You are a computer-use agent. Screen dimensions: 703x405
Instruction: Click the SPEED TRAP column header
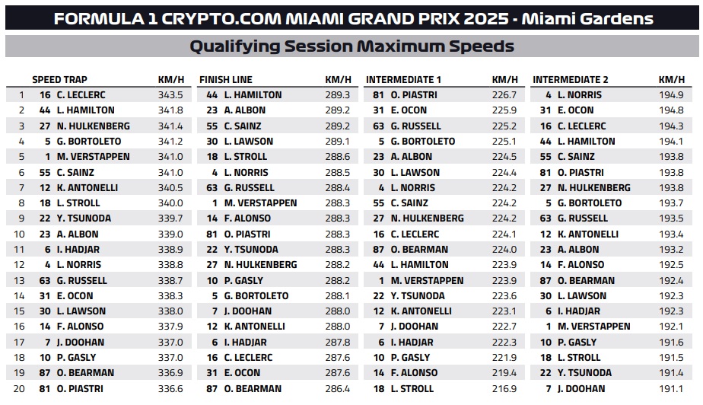click(x=59, y=80)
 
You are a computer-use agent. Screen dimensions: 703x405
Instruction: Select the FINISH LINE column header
click(x=226, y=80)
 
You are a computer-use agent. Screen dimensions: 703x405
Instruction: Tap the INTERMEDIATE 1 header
click(x=403, y=80)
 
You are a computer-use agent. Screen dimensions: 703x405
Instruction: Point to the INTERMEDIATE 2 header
click(x=571, y=80)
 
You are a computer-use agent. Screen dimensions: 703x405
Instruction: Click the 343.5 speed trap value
click(x=170, y=95)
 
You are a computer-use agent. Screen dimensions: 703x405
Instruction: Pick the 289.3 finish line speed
click(x=338, y=95)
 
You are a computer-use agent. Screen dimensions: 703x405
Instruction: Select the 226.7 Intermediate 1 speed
click(x=504, y=95)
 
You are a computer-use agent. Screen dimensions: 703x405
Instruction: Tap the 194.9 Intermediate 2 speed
click(x=671, y=95)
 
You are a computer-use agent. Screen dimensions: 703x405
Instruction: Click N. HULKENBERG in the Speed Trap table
click(x=94, y=126)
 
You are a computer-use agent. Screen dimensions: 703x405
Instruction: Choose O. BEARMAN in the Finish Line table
click(x=253, y=389)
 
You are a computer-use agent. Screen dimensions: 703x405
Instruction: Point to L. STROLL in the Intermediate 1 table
click(x=412, y=389)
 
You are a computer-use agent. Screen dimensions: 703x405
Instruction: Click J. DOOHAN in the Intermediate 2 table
click(x=581, y=389)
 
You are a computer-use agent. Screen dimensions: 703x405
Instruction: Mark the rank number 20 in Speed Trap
click(x=19, y=389)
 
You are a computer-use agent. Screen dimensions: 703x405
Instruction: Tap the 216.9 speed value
click(x=504, y=389)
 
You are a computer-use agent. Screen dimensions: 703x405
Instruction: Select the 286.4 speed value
click(x=338, y=389)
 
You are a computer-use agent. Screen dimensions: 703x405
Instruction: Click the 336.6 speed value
click(x=170, y=389)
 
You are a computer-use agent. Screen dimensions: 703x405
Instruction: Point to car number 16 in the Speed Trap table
click(x=45, y=95)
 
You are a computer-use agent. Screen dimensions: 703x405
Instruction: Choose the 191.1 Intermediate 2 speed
click(x=671, y=389)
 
